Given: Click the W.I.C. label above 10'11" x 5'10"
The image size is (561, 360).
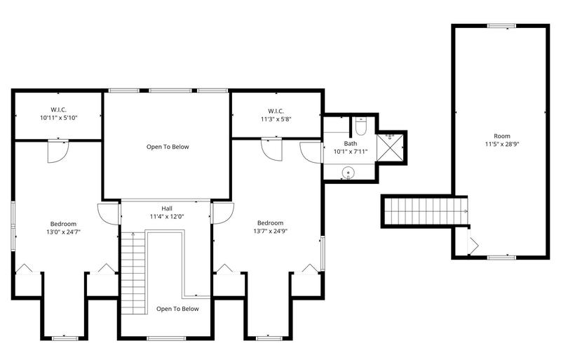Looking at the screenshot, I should tap(58, 109).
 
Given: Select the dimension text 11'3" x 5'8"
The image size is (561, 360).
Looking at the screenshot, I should tap(275, 119).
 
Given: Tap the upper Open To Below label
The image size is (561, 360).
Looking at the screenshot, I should tap(168, 147).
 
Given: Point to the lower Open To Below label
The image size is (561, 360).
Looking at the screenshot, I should tap(177, 309).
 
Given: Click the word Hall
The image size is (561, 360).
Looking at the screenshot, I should tap(166, 208).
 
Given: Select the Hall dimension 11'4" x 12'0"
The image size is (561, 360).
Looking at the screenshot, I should tap(166, 216).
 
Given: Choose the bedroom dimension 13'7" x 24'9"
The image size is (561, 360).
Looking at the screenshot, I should tap(270, 231).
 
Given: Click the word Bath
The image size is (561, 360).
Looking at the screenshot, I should tap(340, 142).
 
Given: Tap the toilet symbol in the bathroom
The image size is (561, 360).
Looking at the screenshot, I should tap(360, 127).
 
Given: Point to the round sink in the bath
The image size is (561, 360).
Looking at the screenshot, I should tap(347, 173).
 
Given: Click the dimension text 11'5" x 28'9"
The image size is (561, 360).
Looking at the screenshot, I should tap(502, 145).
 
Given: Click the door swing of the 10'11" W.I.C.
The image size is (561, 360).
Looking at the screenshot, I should tap(58, 151).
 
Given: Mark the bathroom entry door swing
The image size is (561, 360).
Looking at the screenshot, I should tap(310, 152).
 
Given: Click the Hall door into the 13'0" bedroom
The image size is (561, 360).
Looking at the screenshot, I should tap(109, 213).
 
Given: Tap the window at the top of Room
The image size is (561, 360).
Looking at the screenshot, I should tap(501, 27).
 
